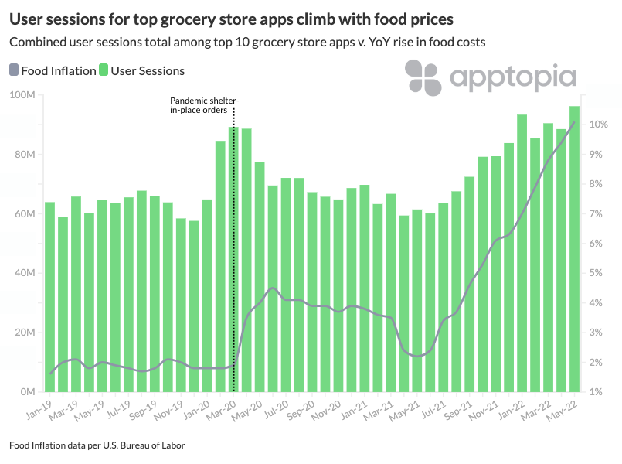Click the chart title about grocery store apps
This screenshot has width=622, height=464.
coord(231,17)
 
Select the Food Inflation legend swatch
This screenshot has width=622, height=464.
coord(14,70)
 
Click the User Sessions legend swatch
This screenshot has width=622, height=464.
coord(104,70)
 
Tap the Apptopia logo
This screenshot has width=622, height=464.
coord(491,78)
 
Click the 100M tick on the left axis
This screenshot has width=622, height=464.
coord(24,95)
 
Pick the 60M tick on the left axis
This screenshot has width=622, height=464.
coord(26,214)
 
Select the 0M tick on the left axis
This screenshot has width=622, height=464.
coord(29,392)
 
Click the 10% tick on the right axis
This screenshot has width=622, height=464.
coord(599,125)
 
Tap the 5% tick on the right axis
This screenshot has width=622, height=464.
coord(597,273)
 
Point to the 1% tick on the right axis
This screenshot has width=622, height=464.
coord(597,392)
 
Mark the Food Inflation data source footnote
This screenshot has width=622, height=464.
coord(97,445)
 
